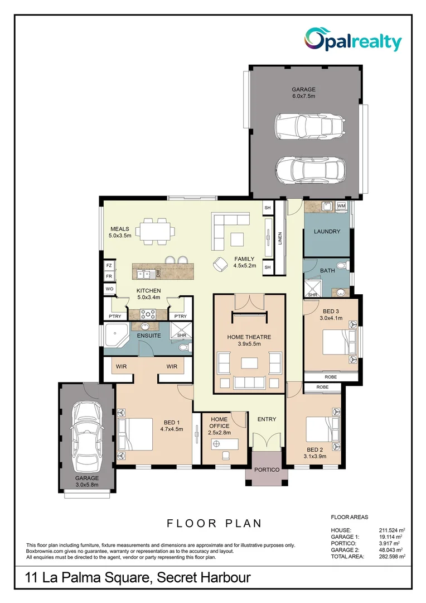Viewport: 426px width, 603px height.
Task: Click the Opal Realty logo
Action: (x=352, y=40)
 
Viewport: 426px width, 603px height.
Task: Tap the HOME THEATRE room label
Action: (x=249, y=337)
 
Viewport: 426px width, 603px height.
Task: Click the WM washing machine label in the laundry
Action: (x=341, y=207)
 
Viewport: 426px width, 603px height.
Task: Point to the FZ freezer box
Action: (x=109, y=266)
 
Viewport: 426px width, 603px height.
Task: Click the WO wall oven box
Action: (x=109, y=289)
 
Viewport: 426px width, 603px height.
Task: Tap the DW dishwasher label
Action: (x=158, y=274)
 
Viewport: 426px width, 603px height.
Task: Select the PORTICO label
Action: (x=267, y=470)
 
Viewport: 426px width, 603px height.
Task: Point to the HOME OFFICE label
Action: (x=219, y=422)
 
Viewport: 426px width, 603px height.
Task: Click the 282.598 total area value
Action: (x=389, y=556)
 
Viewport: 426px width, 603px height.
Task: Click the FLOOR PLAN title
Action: (x=214, y=523)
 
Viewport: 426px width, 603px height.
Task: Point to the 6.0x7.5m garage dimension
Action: (x=304, y=97)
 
